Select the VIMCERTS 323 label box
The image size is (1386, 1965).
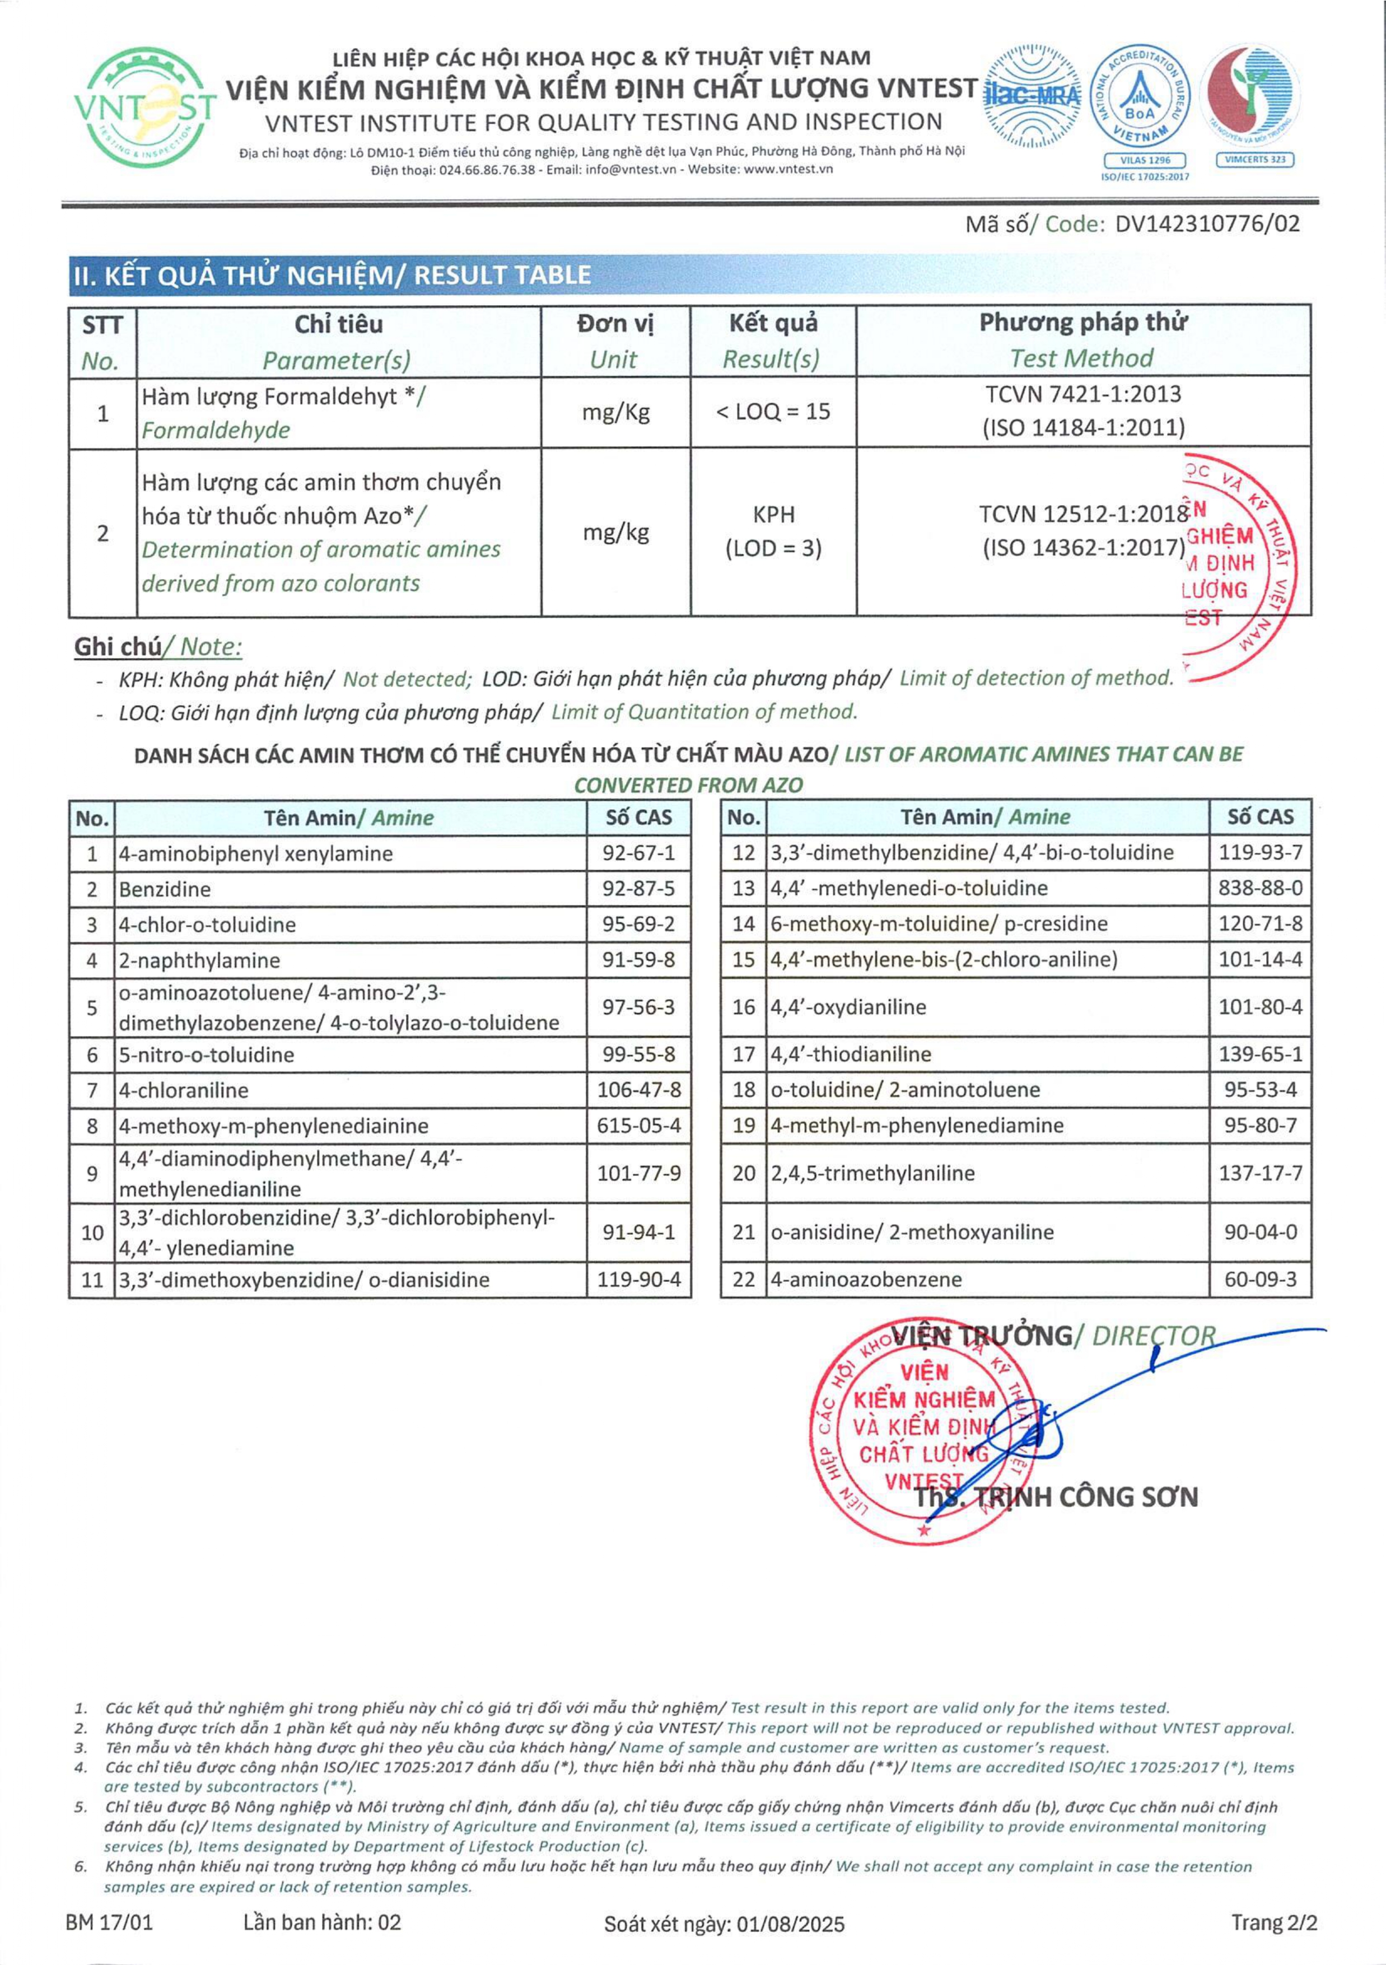click(1254, 160)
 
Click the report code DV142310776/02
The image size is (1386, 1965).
click(1207, 224)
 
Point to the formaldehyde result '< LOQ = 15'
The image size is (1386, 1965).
click(773, 412)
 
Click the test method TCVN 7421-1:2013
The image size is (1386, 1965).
click(1083, 395)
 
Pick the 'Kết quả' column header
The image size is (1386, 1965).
click(773, 324)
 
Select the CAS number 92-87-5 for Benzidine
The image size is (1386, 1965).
click(638, 889)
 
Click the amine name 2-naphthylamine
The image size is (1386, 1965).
click(199, 960)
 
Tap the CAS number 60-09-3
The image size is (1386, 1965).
click(1260, 1280)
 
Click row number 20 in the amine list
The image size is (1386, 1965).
click(743, 1173)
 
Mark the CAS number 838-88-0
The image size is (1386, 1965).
click(1260, 888)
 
